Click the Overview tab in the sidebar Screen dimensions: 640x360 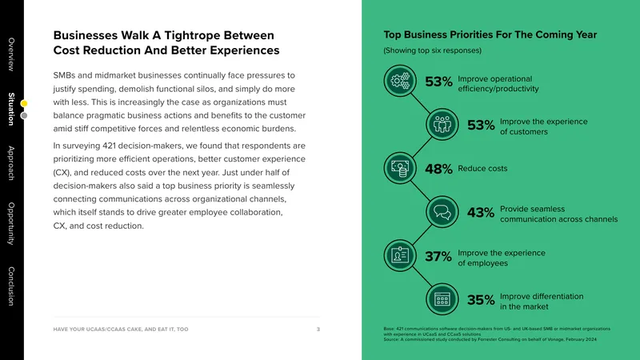[11, 54]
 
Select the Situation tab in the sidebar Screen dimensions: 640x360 [11, 109]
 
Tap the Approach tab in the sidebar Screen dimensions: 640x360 [11, 163]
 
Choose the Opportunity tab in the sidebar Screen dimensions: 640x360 [11, 223]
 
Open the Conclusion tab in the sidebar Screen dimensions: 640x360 [11, 286]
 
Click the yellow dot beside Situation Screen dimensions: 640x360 [24, 104]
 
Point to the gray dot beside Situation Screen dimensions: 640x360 [24, 115]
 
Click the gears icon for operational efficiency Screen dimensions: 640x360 [400, 81]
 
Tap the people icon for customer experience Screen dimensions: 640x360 [442, 125]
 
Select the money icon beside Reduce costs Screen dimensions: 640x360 [400, 168]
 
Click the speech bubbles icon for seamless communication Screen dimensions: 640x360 [442, 212]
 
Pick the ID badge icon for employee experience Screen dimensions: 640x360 [400, 255]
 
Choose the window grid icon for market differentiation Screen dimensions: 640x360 [442, 299]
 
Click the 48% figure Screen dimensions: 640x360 [438, 169]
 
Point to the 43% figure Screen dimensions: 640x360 [481, 213]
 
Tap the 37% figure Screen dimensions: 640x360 [438, 256]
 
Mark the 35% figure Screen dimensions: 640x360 [481, 300]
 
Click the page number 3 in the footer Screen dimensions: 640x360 [318, 329]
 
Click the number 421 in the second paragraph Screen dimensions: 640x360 [109, 146]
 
